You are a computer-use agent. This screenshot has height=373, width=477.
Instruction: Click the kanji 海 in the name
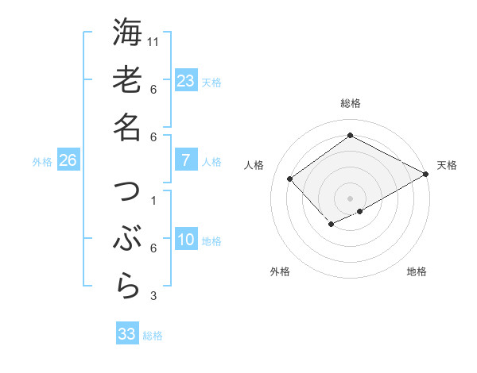click(x=127, y=33)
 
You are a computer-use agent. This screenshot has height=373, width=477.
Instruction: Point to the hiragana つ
click(x=127, y=192)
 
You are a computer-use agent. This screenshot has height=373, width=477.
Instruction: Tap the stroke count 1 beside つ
click(x=153, y=201)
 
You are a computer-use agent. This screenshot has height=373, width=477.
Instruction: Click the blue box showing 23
click(x=186, y=81)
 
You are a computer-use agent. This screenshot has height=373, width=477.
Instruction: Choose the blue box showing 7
click(x=186, y=160)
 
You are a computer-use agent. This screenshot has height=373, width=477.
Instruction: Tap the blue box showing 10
click(x=186, y=240)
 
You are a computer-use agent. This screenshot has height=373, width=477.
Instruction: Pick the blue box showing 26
click(x=68, y=161)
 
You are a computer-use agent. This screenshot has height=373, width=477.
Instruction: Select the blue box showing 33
click(x=127, y=334)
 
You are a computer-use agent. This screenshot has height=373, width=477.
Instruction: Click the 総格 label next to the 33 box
click(x=153, y=336)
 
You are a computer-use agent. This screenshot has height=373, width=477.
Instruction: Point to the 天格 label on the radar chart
click(x=447, y=165)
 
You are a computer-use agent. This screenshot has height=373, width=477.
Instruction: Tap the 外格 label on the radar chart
click(x=280, y=271)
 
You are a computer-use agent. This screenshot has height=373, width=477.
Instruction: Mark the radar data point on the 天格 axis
click(x=426, y=174)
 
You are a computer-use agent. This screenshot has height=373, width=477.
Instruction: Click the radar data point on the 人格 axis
click(x=290, y=179)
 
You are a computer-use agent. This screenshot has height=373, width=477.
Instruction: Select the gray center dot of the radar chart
click(x=350, y=198)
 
